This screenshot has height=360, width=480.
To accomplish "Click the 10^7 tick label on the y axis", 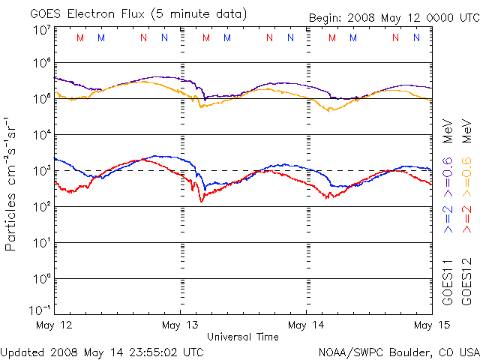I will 41,29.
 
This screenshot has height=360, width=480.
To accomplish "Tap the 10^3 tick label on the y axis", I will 41,171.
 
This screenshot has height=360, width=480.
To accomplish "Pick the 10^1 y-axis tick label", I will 41,243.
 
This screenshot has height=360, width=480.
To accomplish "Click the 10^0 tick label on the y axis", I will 41,279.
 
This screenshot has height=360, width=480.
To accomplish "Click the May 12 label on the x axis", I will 54,325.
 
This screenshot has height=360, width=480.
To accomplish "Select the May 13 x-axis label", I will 181,325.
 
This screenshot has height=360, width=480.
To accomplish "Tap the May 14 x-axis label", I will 307,325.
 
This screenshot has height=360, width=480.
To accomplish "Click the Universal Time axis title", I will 243,337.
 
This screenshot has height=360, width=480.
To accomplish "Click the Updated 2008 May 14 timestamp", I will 102,351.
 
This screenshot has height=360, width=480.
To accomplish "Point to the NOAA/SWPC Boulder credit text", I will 398,351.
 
